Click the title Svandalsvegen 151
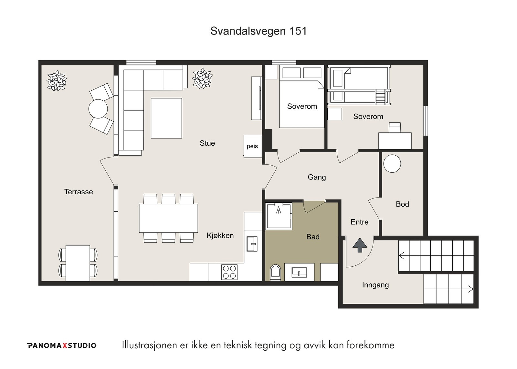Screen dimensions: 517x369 click(258, 31)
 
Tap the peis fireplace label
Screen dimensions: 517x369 click(252, 146)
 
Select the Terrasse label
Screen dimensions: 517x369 click(79, 192)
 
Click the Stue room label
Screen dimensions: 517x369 click(207, 143)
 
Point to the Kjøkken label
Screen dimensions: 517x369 click(220, 235)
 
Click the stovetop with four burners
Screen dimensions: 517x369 click(229, 272)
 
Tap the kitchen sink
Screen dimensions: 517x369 click(252, 244)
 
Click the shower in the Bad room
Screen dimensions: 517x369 click(279, 216)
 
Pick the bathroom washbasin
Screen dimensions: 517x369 click(299, 272)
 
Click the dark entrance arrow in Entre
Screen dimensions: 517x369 click(360, 245)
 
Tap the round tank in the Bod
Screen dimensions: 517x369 click(392, 163)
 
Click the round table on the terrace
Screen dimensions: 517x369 click(98, 108)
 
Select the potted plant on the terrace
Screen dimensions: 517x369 click(57, 81)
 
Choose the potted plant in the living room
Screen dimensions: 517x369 click(202, 78)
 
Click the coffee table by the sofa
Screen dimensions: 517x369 click(166, 118)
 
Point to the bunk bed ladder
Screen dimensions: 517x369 click(381, 97)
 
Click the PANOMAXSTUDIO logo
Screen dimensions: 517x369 click(62, 345)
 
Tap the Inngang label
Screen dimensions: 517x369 click(375, 285)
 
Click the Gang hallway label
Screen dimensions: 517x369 click(317, 177)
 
